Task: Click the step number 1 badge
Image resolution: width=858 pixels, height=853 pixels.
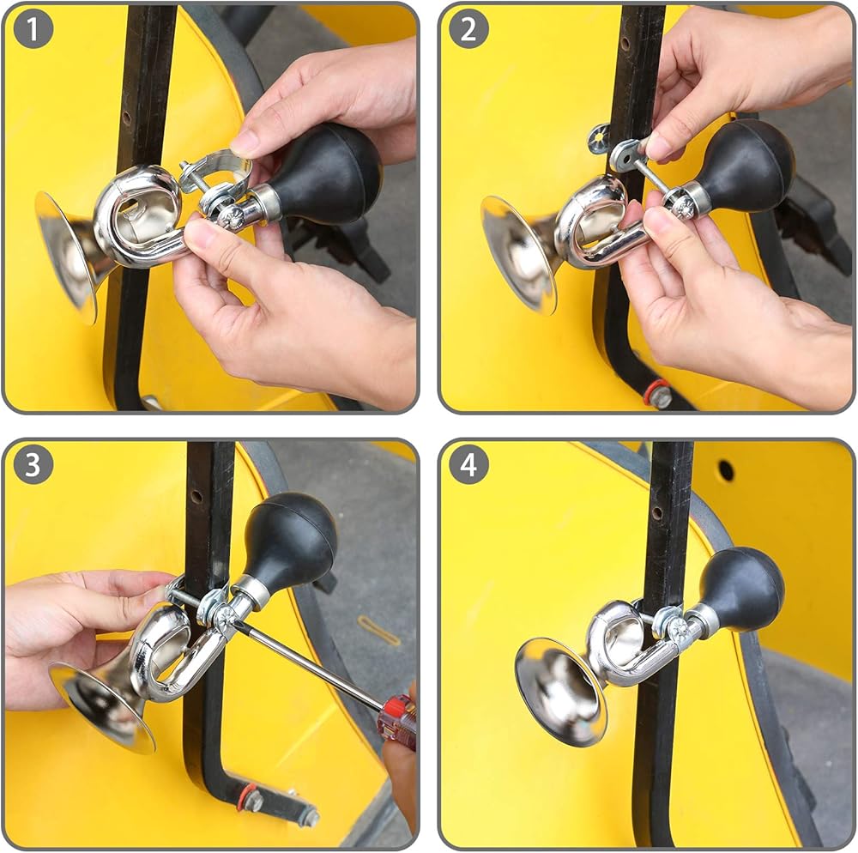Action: [33, 29]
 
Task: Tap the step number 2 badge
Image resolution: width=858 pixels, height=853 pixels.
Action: [469, 29]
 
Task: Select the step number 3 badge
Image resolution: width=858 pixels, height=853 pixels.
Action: [33, 464]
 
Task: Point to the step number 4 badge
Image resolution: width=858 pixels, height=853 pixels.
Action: [469, 464]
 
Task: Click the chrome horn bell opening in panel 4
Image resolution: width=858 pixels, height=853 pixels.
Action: [561, 692]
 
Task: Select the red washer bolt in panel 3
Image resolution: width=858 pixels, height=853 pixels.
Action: [250, 798]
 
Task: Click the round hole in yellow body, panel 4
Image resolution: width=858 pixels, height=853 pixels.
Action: [726, 470]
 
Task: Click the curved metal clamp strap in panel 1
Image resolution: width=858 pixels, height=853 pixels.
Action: [216, 172]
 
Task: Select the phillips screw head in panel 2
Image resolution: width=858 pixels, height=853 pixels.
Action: [682, 206]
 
